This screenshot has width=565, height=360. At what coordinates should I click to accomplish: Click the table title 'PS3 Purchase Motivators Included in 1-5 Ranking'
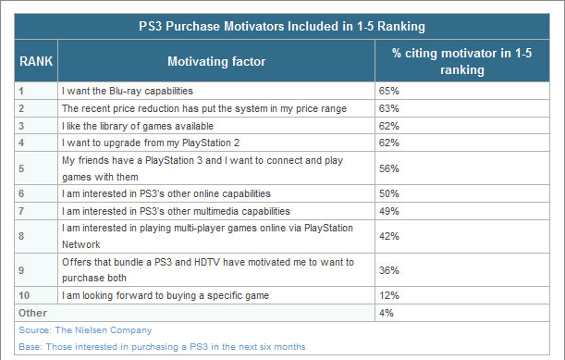pyautogui.click(x=282, y=27)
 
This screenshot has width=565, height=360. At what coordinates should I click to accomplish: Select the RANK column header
pyautogui.click(x=36, y=61)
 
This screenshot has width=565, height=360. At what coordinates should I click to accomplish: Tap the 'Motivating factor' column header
pyautogui.click(x=216, y=61)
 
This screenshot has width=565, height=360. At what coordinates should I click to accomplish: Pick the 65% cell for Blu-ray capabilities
pyautogui.click(x=389, y=92)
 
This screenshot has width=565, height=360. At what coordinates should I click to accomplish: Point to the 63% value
pyautogui.click(x=389, y=108)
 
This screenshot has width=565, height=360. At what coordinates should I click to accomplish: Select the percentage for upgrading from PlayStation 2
pyautogui.click(x=389, y=143)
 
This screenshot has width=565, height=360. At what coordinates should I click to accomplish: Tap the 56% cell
pyautogui.click(x=389, y=168)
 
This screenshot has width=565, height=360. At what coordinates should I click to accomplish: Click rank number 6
pyautogui.click(x=21, y=192)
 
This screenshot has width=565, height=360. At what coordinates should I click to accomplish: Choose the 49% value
pyautogui.click(x=389, y=210)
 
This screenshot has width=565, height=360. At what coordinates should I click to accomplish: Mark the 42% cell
pyautogui.click(x=389, y=235)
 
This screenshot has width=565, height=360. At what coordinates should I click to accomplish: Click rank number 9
pyautogui.click(x=21, y=269)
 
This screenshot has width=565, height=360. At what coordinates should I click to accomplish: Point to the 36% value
pyautogui.click(x=389, y=269)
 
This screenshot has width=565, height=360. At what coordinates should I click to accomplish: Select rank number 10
pyautogui.click(x=24, y=295)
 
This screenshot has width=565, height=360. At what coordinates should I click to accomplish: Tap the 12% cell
pyautogui.click(x=389, y=295)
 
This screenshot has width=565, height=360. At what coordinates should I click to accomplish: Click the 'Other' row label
pyautogui.click(x=32, y=313)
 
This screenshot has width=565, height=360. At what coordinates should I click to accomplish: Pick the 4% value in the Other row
pyautogui.click(x=387, y=313)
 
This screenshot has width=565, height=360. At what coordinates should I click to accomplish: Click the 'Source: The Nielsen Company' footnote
pyautogui.click(x=85, y=329)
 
